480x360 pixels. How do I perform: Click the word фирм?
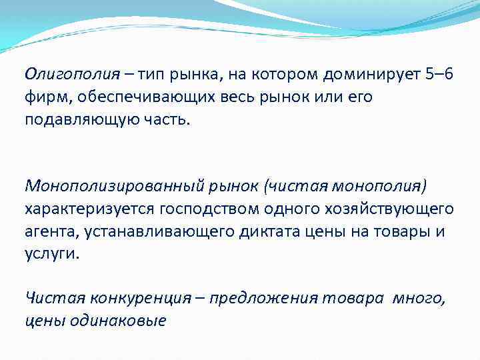[x=44, y=97]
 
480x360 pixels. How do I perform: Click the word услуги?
[x=51, y=256]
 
